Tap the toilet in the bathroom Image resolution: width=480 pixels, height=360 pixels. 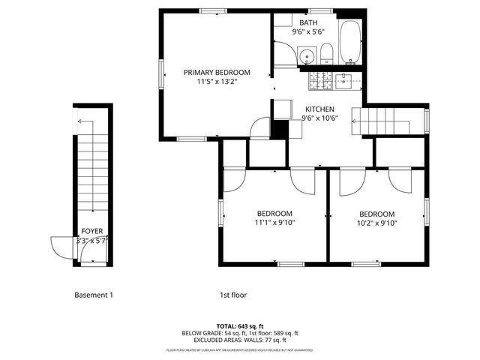point(327,52)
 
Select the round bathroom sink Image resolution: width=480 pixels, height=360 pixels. point(306,55)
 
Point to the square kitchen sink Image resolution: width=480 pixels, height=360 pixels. point(345,79)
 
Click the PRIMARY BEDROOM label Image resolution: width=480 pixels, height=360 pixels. point(217,73)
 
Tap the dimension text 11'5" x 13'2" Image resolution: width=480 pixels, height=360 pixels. point(217,82)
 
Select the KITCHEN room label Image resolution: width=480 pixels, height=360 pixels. point(319,109)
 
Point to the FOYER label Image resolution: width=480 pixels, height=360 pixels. point(92,231)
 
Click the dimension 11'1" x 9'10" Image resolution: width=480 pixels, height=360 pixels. point(274,222)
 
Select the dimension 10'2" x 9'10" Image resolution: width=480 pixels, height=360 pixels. point(376,222)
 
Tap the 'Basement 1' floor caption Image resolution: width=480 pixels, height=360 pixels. point(94,295)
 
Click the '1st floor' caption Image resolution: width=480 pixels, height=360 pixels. point(233,295)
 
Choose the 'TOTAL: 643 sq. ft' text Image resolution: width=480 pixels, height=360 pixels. point(240,325)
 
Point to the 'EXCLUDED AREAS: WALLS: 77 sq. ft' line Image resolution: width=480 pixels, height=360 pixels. point(240,340)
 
